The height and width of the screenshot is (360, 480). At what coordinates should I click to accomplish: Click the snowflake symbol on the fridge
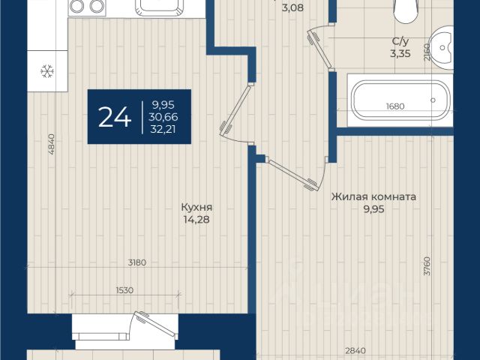[x=47, y=71]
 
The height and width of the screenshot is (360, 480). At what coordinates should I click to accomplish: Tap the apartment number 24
[x=115, y=117]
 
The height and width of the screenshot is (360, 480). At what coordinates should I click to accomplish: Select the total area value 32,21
[x=163, y=129]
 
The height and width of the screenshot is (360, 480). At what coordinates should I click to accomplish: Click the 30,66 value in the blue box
[x=163, y=117]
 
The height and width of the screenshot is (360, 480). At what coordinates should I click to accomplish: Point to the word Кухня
[x=196, y=207]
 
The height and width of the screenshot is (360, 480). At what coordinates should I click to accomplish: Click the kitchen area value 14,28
[x=196, y=220]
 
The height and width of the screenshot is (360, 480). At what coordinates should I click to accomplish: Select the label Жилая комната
[x=373, y=196]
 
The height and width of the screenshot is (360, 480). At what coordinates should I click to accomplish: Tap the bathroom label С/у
[x=400, y=41]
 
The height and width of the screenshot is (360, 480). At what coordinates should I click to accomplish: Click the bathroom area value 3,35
[x=400, y=53]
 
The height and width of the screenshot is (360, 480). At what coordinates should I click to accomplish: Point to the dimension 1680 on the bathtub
[x=395, y=106]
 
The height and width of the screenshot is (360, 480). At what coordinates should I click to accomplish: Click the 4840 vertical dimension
[x=51, y=144]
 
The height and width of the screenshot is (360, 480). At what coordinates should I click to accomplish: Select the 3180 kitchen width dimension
[x=137, y=262]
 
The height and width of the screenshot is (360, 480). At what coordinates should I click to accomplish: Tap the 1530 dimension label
[x=125, y=290]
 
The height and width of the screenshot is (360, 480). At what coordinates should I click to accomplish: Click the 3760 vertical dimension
[x=427, y=265]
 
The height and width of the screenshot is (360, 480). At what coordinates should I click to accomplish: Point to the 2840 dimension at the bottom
[x=355, y=350]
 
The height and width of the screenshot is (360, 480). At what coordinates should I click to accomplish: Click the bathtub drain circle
[x=433, y=100]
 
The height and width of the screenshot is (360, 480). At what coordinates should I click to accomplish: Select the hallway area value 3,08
[x=292, y=7]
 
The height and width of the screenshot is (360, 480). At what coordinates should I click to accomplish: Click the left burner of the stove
[x=76, y=6]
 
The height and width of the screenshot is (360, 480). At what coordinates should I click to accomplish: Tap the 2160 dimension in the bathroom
[x=427, y=52]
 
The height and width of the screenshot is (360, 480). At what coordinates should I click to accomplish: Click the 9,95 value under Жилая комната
[x=373, y=209]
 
